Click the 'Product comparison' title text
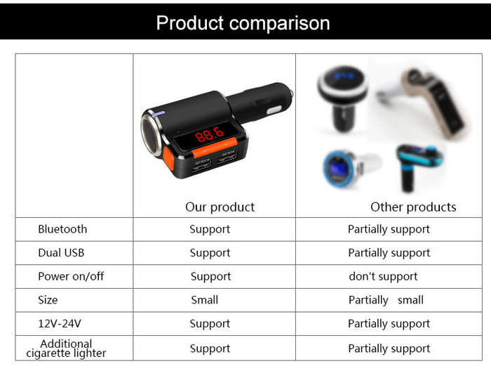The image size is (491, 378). (243, 23)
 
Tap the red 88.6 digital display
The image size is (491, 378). (210, 134)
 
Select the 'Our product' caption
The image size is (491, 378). (220, 207)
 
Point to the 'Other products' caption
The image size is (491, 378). (413, 207)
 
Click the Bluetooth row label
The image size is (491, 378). (62, 229)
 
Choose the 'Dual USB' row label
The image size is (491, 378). (61, 252)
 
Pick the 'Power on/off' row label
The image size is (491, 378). (71, 276)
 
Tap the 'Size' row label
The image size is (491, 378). (48, 300)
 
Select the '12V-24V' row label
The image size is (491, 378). (60, 323)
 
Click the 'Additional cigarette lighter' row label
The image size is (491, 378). (66, 348)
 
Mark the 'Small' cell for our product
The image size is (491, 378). (205, 300)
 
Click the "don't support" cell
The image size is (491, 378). (383, 276)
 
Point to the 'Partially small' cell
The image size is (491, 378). (386, 300)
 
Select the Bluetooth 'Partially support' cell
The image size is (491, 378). (389, 229)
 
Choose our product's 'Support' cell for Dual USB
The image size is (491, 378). (210, 253)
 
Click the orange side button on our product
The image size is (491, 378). (168, 159)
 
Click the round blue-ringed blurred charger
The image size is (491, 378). (350, 168)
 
